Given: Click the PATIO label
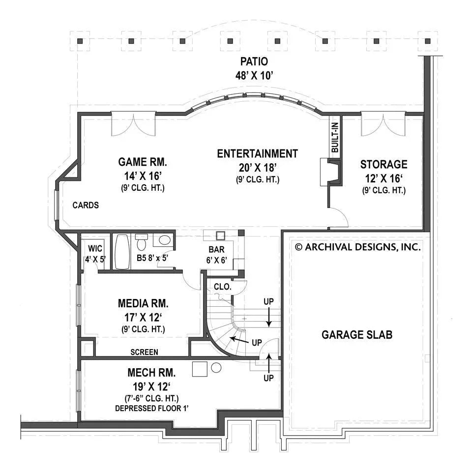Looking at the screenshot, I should click(254, 62).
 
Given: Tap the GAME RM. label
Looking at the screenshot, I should click(143, 162).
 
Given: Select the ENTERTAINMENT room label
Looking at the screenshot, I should click(257, 153).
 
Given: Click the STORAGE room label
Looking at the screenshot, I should click(383, 164).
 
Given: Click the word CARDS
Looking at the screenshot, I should click(86, 205).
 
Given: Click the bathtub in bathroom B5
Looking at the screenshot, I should click(122, 251).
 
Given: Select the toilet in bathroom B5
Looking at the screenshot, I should click(142, 243).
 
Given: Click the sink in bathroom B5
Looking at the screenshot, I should click(165, 240).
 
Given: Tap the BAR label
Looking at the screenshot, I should click(216, 249).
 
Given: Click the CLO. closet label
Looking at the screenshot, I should click(222, 286).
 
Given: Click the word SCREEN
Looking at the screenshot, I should click(144, 352).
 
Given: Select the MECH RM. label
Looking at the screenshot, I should click(143, 372).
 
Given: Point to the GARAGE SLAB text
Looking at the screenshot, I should click(357, 335).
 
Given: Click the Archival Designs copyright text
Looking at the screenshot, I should click(357, 247).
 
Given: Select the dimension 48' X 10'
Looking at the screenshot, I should click(254, 75).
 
